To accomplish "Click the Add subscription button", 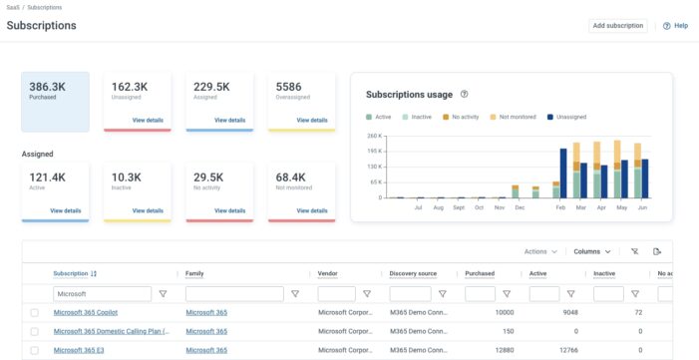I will click(x=617, y=26).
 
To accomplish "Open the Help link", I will click(x=675, y=26).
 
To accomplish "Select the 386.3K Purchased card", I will click(x=55, y=101).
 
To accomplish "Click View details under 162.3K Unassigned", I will click(x=147, y=120).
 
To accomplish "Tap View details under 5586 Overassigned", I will click(x=311, y=120).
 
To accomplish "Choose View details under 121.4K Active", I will click(x=65, y=210).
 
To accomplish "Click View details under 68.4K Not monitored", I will click(x=311, y=210).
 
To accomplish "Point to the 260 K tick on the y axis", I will click(x=375, y=136).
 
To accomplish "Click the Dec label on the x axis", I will click(x=520, y=207).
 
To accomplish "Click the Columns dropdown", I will click(x=592, y=251).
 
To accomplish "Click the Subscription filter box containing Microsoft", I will click(x=102, y=294).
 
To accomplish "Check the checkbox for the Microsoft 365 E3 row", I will click(x=35, y=350).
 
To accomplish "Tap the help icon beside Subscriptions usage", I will click(x=465, y=95).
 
